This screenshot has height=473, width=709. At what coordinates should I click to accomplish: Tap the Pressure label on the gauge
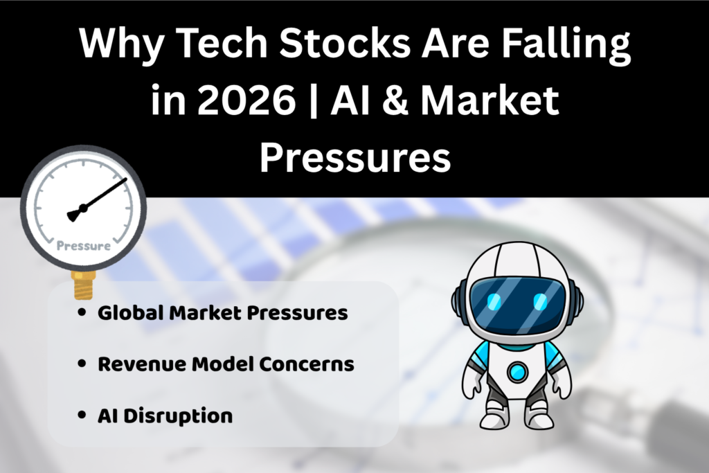pyautogui.click(x=82, y=246)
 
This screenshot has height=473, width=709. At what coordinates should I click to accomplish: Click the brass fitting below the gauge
pyautogui.click(x=82, y=283)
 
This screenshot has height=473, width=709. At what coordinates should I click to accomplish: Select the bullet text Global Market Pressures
pyautogui.click(x=222, y=313)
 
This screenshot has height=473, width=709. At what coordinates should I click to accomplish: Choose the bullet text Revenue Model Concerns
pyautogui.click(x=226, y=364)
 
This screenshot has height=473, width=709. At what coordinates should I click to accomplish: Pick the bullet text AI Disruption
pyautogui.click(x=165, y=416)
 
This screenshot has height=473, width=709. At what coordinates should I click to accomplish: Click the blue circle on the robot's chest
pyautogui.click(x=517, y=372)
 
